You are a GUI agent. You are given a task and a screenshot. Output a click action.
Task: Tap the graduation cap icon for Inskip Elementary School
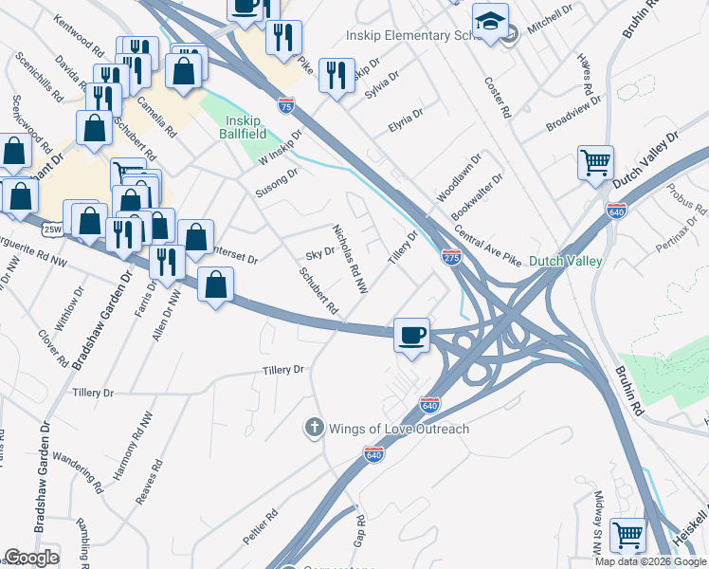coord(491,23)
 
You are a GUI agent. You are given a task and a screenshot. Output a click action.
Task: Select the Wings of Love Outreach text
coord(398,429)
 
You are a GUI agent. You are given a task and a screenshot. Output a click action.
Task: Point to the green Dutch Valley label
coord(565,260)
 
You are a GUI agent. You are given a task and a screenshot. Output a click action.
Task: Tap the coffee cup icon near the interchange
coord(412,335)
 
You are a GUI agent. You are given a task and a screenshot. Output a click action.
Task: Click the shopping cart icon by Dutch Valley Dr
coord(596,163)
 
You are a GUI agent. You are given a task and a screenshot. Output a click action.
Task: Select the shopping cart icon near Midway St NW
coord(627,536)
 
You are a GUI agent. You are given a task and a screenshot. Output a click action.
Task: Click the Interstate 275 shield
coord(451,257)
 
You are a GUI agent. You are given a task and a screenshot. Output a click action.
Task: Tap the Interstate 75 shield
coord(286,105)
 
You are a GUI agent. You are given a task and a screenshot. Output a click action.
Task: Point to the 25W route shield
coord(53,228)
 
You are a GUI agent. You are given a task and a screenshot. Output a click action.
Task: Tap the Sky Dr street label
coord(320,254)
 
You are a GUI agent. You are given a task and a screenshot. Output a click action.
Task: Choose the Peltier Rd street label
coord(260,527)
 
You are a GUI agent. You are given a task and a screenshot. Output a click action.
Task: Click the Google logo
coord(31,558)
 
